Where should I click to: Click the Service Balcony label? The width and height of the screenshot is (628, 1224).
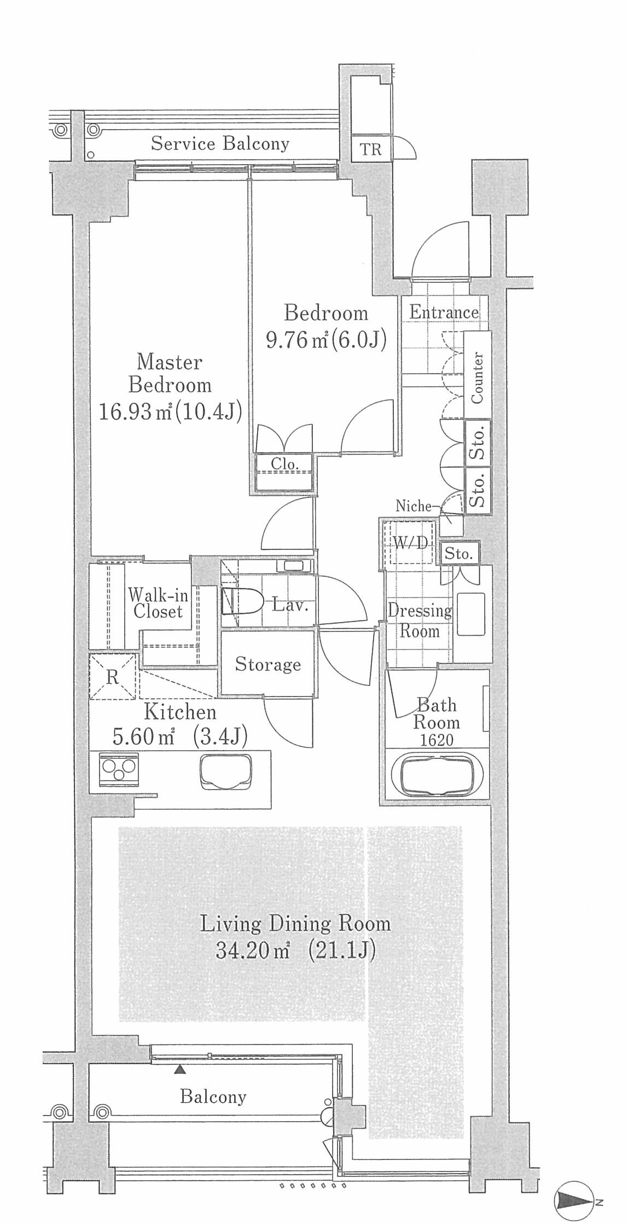pos(220,143)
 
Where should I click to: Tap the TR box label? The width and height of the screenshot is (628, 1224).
pos(370,149)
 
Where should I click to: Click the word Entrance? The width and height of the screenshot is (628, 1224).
pos(444,312)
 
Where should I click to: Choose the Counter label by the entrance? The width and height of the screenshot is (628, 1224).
pos(477,378)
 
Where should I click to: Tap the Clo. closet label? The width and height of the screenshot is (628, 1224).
pos(284,464)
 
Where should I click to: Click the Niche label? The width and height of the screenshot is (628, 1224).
pos(414,506)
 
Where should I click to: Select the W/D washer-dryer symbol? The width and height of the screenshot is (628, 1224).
pos(410,542)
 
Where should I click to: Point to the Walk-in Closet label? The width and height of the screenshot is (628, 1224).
pos(158,603)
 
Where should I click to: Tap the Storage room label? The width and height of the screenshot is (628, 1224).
pos(268,664)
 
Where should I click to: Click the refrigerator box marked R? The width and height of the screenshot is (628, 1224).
pos(112,677)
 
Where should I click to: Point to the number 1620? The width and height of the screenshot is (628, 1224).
pos(437,740)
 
